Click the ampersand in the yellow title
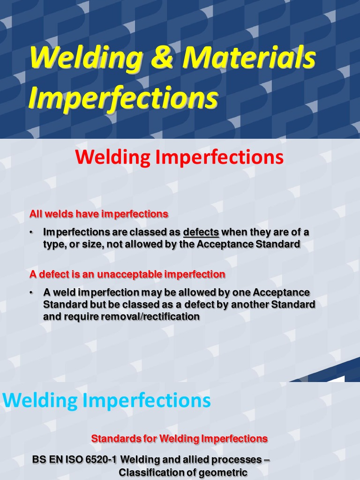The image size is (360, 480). [x=165, y=59]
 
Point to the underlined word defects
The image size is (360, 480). [x=201, y=232]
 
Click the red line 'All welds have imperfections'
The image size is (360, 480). [x=98, y=214]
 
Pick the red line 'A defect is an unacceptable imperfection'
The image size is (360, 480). [x=127, y=274]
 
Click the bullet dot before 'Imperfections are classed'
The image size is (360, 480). [x=31, y=233]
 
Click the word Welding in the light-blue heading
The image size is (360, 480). [x=40, y=401]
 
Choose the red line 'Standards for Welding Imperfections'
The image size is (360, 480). [x=179, y=439]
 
